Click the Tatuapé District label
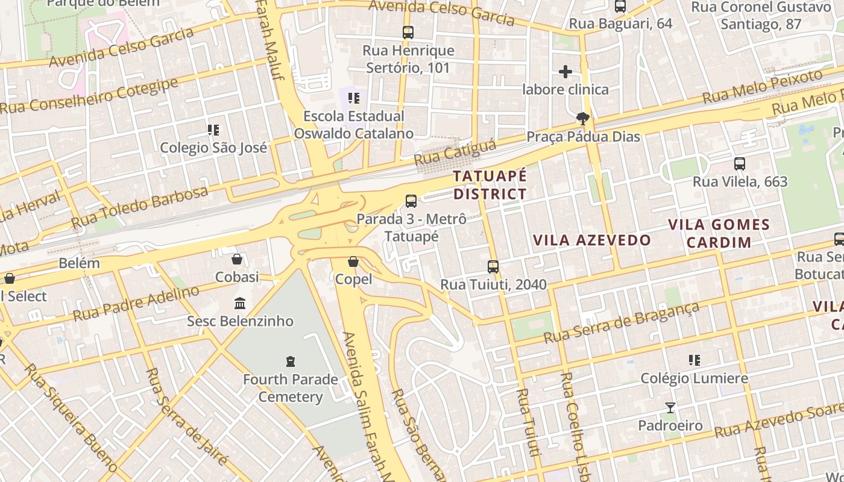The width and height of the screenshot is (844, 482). [490, 185]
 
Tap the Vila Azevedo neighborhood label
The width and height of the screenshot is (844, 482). [592, 240]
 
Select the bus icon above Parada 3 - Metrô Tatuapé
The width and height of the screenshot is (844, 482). [411, 201]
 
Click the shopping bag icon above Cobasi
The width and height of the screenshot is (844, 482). [238, 259]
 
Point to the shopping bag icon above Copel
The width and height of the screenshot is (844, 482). [353, 261]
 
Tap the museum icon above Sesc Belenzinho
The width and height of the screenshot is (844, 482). [240, 302]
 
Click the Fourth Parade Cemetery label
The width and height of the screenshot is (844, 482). [291, 388]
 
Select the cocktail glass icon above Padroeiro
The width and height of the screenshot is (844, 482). [670, 408]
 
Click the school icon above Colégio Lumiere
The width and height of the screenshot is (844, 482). [694, 360]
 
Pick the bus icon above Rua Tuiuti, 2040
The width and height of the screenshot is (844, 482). [493, 266]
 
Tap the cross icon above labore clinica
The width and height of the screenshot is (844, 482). [565, 72]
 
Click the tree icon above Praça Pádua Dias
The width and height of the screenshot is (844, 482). [582, 118]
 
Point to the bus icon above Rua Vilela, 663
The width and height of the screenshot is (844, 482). [740, 163]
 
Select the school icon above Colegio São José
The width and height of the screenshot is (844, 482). [213, 130]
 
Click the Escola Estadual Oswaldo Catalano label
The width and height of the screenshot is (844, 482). [354, 125]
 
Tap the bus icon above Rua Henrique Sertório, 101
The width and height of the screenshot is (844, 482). [408, 33]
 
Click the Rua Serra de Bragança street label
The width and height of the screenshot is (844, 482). [621, 323]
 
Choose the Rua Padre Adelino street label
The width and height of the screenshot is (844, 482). [136, 303]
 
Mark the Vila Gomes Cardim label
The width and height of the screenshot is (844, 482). [719, 233]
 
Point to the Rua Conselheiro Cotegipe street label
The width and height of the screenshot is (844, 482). [89, 96]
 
